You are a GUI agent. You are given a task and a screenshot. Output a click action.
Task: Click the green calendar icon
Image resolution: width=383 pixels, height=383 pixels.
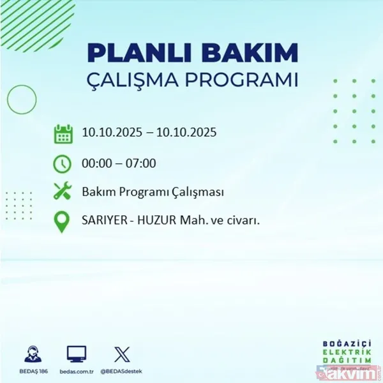[63, 133]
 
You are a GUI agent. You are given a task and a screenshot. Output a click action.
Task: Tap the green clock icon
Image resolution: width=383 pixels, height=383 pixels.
[63, 163]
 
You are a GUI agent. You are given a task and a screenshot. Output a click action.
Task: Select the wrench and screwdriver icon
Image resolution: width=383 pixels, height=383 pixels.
[63, 191]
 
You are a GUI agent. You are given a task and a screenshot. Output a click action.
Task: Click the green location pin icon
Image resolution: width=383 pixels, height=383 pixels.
[63, 222]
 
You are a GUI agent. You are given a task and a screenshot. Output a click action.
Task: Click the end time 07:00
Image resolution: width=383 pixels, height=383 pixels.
[140, 163]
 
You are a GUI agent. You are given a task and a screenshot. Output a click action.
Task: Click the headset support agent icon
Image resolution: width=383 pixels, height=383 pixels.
[29, 353]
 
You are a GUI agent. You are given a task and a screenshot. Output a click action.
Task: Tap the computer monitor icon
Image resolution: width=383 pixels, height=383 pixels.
[76, 353]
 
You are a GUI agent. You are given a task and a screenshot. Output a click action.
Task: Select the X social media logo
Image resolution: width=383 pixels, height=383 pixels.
[121, 353]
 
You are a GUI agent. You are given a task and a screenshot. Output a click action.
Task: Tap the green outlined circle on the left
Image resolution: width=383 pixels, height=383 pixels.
[21, 99]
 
